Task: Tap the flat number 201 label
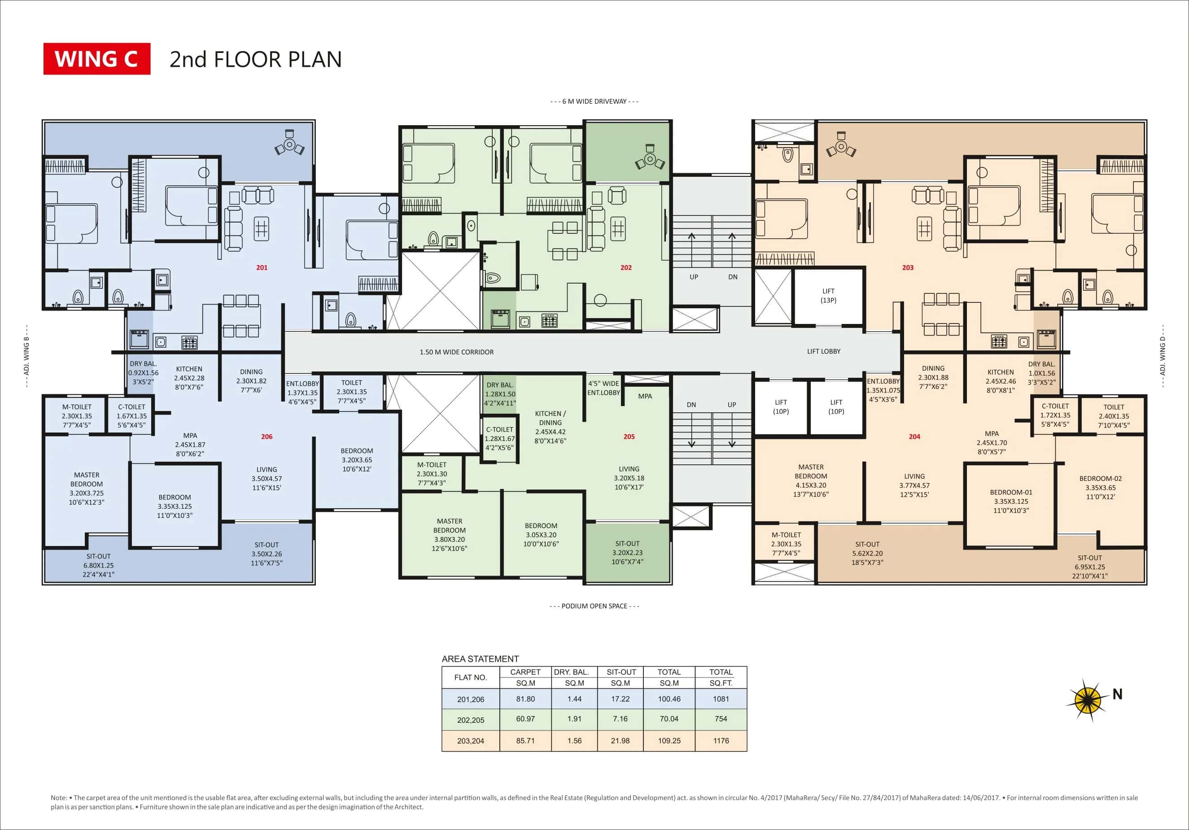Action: click(x=262, y=268)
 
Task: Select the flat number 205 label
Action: click(x=629, y=437)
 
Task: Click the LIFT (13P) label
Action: click(x=828, y=296)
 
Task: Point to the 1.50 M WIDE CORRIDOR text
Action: click(x=456, y=352)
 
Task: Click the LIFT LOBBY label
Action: click(x=823, y=351)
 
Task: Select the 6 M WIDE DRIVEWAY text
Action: click(x=594, y=101)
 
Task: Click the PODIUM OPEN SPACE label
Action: click(x=594, y=606)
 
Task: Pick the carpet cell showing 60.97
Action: click(x=525, y=719)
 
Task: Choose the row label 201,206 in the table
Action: click(x=470, y=699)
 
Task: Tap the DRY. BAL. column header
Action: click(x=571, y=672)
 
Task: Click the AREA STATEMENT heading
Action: click(x=480, y=659)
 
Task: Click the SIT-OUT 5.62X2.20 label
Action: click(x=867, y=553)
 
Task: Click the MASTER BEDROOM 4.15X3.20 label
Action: click(x=810, y=481)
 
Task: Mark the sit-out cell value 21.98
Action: click(x=620, y=740)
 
